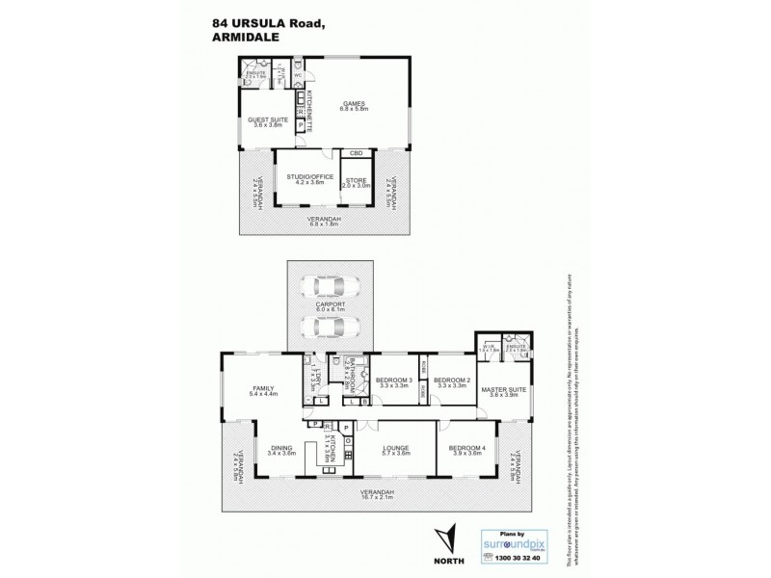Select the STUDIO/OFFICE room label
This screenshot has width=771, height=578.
pyautogui.click(x=303, y=176)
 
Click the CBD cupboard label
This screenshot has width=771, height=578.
pyautogui.click(x=356, y=153)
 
